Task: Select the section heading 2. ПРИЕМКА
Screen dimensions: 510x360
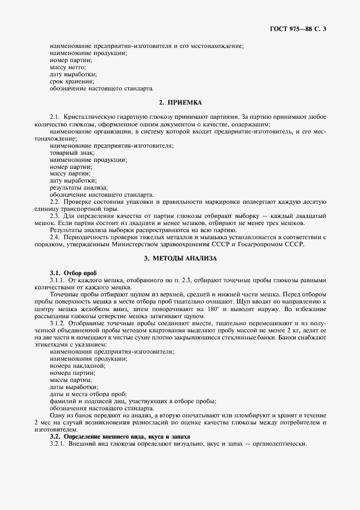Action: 180,102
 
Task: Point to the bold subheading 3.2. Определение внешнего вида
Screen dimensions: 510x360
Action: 120,436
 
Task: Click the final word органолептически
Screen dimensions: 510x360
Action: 279,444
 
